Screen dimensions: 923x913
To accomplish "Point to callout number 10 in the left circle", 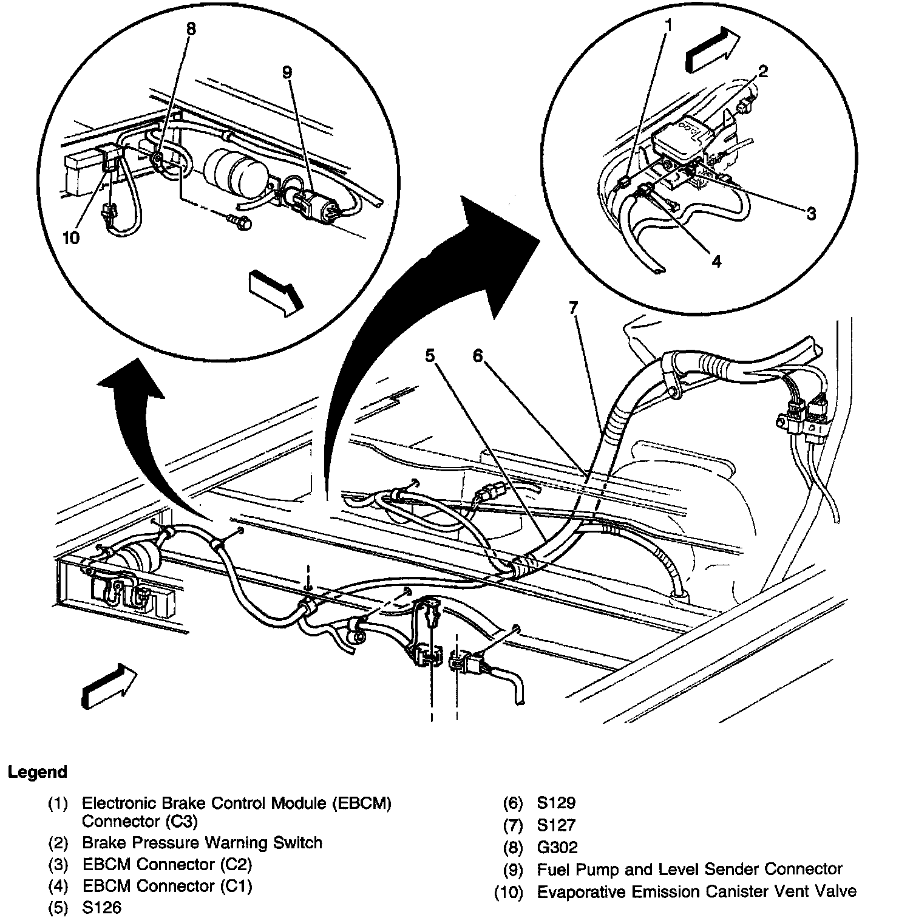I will coord(71,237).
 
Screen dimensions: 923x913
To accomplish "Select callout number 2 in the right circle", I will coord(763,72).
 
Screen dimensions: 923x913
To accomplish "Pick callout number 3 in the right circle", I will coord(811,213).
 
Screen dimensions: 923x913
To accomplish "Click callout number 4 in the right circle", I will coord(716,261).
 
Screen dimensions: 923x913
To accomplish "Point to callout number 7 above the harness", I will coord(573,307).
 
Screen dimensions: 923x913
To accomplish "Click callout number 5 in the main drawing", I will coord(430,355).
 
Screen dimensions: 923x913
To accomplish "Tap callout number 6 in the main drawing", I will coord(477,355).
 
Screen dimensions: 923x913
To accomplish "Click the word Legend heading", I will coord(37,772).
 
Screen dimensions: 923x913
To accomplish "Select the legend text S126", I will coord(102,908).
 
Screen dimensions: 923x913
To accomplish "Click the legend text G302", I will coord(557,847).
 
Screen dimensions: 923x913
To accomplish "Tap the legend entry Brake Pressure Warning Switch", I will coord(202,843).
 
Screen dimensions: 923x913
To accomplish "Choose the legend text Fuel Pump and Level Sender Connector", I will coord(690,870).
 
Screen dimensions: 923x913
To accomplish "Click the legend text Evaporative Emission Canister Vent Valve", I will coord(697,891).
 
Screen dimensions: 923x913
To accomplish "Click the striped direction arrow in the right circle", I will coord(712,51).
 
